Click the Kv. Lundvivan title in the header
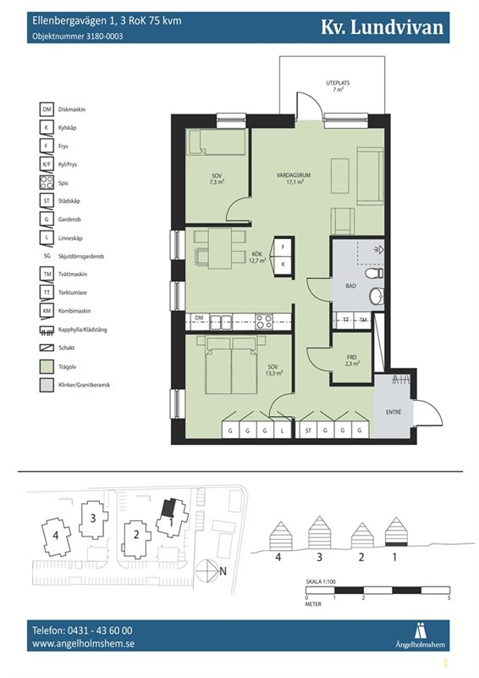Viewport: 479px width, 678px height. click(x=382, y=27)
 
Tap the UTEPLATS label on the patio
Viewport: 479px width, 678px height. click(x=338, y=82)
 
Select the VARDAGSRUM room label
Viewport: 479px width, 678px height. click(x=294, y=175)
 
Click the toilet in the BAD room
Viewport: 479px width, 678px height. click(x=374, y=273)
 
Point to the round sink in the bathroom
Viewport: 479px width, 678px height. click(x=377, y=296)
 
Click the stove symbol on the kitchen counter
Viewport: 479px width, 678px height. click(x=263, y=322)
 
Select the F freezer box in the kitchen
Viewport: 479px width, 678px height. click(x=284, y=247)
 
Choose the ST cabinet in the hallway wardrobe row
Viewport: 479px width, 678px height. click(x=308, y=431)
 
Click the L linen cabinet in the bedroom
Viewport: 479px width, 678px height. click(x=282, y=431)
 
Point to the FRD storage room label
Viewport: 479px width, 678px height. click(x=352, y=358)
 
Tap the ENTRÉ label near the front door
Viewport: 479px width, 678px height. click(x=394, y=413)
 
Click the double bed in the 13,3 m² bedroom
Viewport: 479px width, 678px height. click(x=231, y=365)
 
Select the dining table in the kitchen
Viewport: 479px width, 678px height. click(x=220, y=248)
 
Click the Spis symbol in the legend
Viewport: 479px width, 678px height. click(x=47, y=182)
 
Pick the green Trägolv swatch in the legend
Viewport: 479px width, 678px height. click(x=47, y=367)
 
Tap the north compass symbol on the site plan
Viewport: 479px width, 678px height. click(x=207, y=570)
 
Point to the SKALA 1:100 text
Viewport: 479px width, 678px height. click(x=321, y=581)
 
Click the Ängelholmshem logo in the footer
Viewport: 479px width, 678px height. click(x=420, y=635)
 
